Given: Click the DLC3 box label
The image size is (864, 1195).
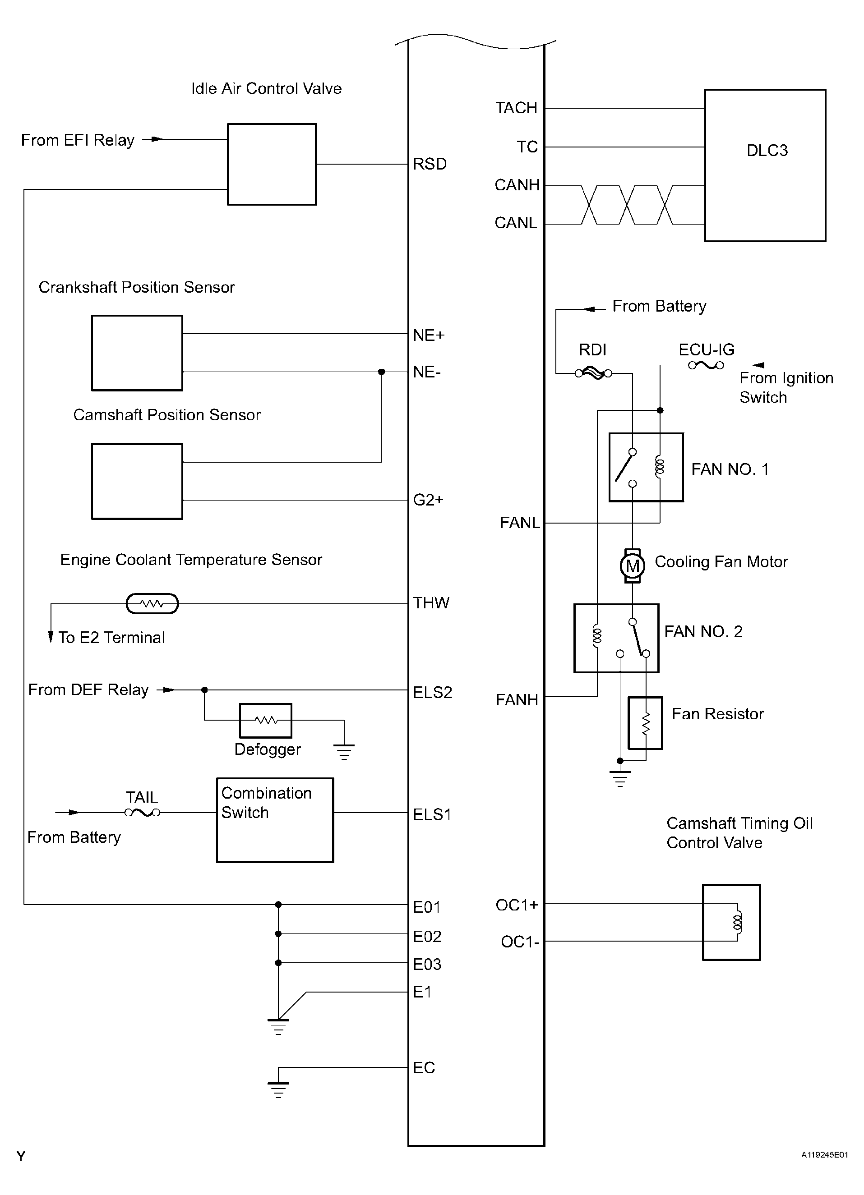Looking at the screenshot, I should pyautogui.click(x=767, y=151).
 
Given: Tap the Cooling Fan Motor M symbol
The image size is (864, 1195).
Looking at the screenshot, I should pyautogui.click(x=632, y=566).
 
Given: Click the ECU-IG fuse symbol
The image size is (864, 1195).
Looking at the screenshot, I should pyautogui.click(x=706, y=365).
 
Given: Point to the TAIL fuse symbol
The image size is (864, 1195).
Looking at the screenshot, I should pyautogui.click(x=142, y=813).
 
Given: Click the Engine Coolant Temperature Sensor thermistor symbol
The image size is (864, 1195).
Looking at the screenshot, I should pyautogui.click(x=152, y=604).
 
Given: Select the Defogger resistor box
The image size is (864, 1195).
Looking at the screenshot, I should pyautogui.click(x=266, y=720).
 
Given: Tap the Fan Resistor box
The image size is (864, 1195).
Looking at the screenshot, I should pyautogui.click(x=645, y=723).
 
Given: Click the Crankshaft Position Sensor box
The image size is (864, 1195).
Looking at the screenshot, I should pyautogui.click(x=137, y=353).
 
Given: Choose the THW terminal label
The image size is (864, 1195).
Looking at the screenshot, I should pyautogui.click(x=431, y=603).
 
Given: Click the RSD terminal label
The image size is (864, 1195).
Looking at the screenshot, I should pyautogui.click(x=429, y=164).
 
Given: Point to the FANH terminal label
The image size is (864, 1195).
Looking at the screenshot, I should pyautogui.click(x=517, y=700).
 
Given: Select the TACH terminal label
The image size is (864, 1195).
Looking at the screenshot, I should pyautogui.click(x=516, y=108).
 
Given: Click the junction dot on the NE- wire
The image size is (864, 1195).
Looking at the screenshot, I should pyautogui.click(x=382, y=372).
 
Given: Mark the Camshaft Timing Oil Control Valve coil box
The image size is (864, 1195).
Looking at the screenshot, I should pyautogui.click(x=731, y=922).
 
